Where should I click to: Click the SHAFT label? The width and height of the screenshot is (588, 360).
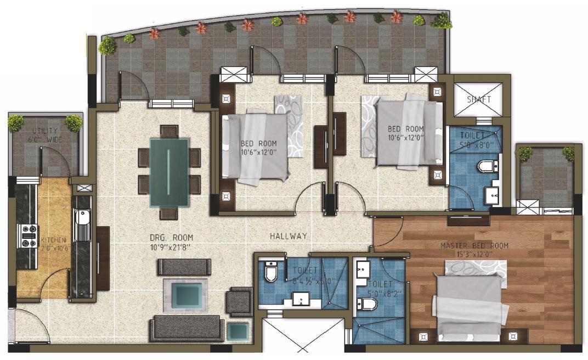(x=479, y=100)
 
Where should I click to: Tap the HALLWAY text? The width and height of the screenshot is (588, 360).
(x=288, y=236)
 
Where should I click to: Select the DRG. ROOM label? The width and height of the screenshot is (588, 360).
(x=172, y=238)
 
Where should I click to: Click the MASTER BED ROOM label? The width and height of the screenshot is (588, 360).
(x=474, y=245)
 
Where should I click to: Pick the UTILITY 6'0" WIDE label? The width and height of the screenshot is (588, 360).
(x=46, y=136)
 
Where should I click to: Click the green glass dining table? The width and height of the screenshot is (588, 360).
(x=169, y=171)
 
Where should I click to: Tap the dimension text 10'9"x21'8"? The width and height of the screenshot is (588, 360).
(x=172, y=248)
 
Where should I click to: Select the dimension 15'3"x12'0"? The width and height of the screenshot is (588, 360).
(x=474, y=254)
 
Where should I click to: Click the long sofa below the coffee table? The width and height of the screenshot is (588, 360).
(x=186, y=328)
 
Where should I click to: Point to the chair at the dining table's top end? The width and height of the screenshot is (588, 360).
(x=168, y=132)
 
